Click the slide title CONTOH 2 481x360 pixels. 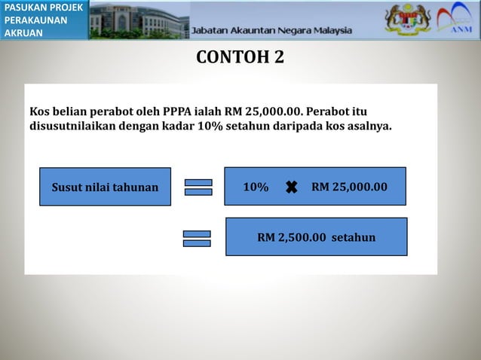point(240,57)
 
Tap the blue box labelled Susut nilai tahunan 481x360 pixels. point(105,187)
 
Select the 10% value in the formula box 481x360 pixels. point(256,186)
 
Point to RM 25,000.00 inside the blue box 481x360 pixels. point(349,186)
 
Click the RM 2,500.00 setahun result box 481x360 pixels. point(316,237)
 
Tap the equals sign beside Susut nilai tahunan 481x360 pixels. point(198,187)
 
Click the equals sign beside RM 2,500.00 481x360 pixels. point(198,238)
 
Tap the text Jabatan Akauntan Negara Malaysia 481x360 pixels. point(271,31)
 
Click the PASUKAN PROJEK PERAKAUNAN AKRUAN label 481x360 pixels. point(42,20)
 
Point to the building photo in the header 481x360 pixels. point(139,20)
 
